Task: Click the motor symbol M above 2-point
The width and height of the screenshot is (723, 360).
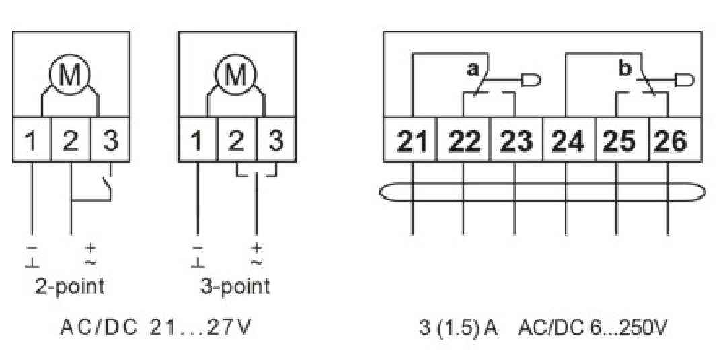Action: pos(70,75)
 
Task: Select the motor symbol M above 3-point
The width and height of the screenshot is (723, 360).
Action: pos(236,75)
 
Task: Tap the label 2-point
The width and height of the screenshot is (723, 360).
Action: pos(70,287)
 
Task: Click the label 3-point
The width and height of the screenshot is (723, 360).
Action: pos(235,287)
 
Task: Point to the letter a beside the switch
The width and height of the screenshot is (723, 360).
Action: pos(473,70)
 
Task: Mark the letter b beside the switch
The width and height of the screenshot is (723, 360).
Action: pos(625,69)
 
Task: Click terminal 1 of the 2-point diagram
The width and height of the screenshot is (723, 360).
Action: pos(32,140)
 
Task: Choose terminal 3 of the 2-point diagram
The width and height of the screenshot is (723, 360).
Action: pos(110,140)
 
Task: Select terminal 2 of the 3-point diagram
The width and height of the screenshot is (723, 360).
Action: pos(236,140)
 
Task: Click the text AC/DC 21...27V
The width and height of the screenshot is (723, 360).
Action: pos(155,328)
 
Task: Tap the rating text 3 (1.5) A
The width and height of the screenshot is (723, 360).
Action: pos(459,328)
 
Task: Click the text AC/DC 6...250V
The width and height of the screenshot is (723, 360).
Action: pos(593,328)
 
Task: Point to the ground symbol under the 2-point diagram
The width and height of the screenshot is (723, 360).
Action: pos(32,263)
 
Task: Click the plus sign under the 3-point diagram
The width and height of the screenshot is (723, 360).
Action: pos(256,248)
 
